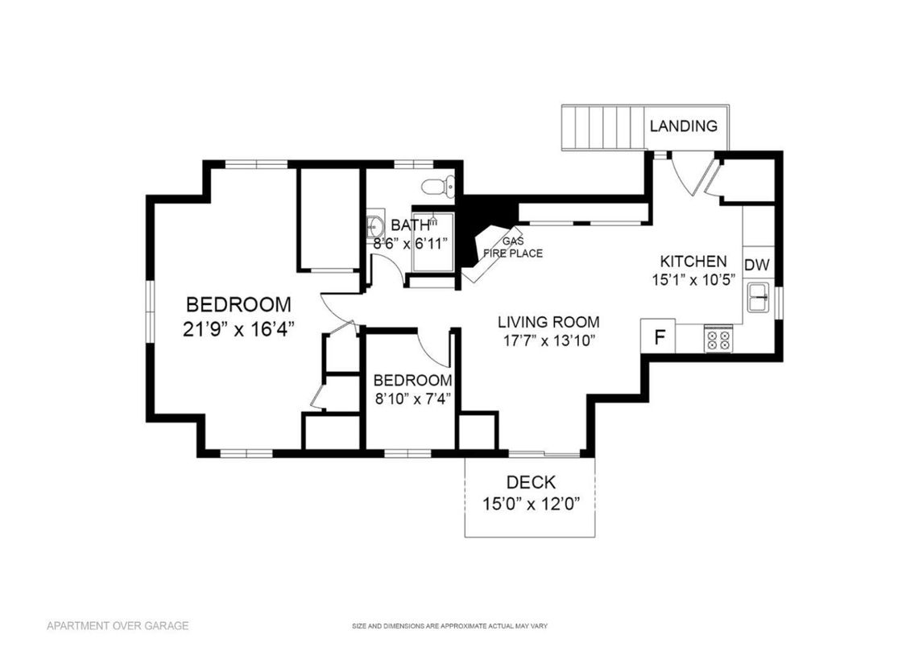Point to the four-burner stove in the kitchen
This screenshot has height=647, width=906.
click(x=718, y=339)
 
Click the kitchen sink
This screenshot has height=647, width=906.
click(x=759, y=298)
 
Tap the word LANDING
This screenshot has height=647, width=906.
click(x=683, y=126)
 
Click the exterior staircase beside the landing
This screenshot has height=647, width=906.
click(x=604, y=127)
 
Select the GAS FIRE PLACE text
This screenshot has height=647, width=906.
click(x=512, y=248)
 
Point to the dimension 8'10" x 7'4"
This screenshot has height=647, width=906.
click(x=412, y=398)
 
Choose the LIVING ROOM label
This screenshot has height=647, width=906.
click(x=548, y=323)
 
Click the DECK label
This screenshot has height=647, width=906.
click(x=531, y=483)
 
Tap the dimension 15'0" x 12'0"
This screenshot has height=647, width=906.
click(x=531, y=505)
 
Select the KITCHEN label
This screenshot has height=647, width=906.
click(x=693, y=262)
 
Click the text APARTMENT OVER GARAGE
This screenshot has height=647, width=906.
click(x=118, y=625)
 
